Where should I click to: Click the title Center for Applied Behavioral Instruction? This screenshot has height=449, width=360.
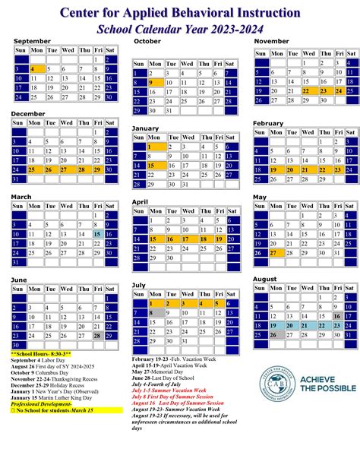pyautogui.click(x=179, y=13)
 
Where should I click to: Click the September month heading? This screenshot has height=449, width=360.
pyautogui.click(x=32, y=40)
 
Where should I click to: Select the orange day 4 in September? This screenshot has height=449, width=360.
pyautogui.click(x=36, y=68)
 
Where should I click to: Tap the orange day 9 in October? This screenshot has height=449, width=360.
pyautogui.click(x=156, y=82)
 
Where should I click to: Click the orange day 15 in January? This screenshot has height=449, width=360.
pyautogui.click(x=156, y=165)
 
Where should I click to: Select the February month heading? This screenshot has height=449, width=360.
pyautogui.click(x=268, y=122)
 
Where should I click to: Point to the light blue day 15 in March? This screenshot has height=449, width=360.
pyautogui.click(x=97, y=234)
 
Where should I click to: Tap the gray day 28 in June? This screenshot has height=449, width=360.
pyautogui.click(x=97, y=335)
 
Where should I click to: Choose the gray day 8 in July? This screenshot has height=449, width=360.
pyautogui.click(x=156, y=311)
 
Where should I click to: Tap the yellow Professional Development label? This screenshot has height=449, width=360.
pyautogui.click(x=41, y=403)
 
